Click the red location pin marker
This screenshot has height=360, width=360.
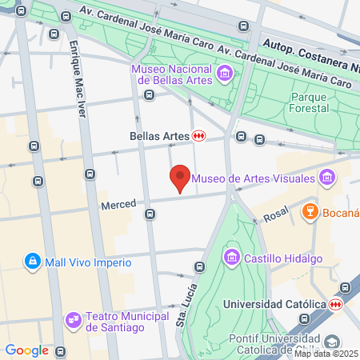point(180,178)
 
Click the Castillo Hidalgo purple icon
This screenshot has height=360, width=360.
point(232,257)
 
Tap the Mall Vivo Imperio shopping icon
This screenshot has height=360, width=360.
point(32,262)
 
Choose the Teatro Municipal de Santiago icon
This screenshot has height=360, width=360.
point(74,320)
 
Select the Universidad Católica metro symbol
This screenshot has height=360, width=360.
point(336,304)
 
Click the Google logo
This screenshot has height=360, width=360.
point(26,350)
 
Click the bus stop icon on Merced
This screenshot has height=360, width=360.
point(150,214)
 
